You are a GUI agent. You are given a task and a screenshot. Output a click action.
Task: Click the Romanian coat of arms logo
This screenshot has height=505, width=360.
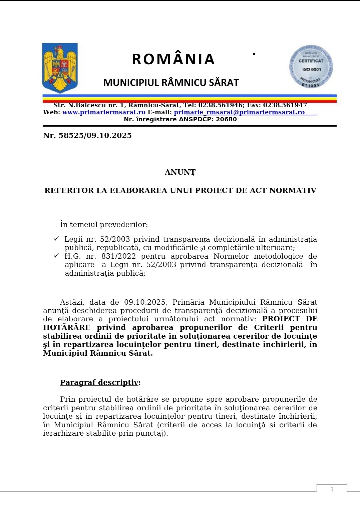(x=60, y=68)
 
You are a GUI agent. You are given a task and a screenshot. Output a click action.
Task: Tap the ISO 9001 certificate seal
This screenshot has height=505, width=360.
(x=311, y=67)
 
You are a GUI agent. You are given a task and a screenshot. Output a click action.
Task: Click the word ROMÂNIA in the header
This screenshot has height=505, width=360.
(x=173, y=59)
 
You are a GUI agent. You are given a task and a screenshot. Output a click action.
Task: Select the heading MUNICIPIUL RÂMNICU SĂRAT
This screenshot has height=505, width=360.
(x=171, y=83)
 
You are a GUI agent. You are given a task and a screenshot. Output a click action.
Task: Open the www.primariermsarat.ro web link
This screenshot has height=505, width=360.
(x=104, y=112)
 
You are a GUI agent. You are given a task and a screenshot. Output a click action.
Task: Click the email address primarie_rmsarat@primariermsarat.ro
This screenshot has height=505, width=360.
(x=239, y=112)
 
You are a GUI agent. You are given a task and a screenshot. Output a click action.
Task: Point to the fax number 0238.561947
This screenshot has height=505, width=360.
(x=285, y=105)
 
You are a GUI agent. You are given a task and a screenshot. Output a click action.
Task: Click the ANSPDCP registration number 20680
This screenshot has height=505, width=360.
(x=226, y=119)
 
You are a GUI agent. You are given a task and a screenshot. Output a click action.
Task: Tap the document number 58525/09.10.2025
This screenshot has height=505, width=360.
(x=95, y=135)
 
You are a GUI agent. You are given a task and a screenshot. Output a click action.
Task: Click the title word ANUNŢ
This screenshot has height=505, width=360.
(x=180, y=172)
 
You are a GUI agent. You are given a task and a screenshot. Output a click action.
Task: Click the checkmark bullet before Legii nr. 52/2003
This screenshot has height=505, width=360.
(x=56, y=239)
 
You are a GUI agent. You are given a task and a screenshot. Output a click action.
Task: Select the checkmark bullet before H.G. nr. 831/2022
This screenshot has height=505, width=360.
(x=56, y=256)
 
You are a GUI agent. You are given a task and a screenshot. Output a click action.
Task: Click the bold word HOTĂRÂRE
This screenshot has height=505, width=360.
(x=67, y=328)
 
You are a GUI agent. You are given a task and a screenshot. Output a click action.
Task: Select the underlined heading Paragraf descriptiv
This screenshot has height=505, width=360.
(x=99, y=382)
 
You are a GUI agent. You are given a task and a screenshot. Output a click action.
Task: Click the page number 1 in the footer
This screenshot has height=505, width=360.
(x=332, y=489)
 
